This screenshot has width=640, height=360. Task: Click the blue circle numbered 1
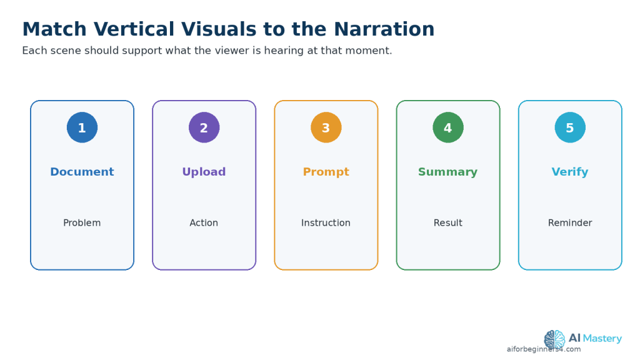click(x=82, y=127)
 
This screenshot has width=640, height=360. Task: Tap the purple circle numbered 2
click(x=204, y=127)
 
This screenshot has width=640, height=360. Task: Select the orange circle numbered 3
click(x=326, y=127)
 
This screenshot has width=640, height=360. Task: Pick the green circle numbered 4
click(x=448, y=127)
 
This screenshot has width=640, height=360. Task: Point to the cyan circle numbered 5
click(x=570, y=127)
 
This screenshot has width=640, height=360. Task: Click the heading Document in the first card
click(x=82, y=172)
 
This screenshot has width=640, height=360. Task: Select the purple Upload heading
click(x=204, y=172)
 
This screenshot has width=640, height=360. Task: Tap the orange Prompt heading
click(x=326, y=172)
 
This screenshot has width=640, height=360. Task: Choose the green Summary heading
click(x=447, y=172)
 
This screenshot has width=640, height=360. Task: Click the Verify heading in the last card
click(x=570, y=172)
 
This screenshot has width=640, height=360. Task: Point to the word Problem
click(x=82, y=223)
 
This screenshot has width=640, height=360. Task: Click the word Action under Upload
click(x=204, y=223)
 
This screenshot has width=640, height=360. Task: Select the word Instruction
click(x=326, y=223)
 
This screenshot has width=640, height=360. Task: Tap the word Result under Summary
click(x=447, y=223)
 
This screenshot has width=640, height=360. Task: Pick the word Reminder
click(x=570, y=223)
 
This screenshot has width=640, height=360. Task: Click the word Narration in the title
click(x=384, y=29)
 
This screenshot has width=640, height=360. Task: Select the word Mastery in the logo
click(x=602, y=339)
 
